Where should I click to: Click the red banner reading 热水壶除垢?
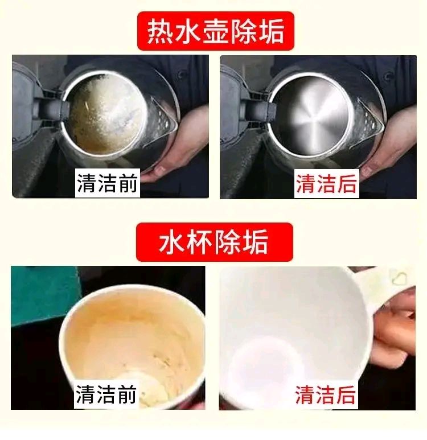click(215, 32)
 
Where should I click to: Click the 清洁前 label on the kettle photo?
click(108, 184)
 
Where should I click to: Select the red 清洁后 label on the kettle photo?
click(326, 184)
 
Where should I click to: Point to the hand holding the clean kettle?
click(393, 142)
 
